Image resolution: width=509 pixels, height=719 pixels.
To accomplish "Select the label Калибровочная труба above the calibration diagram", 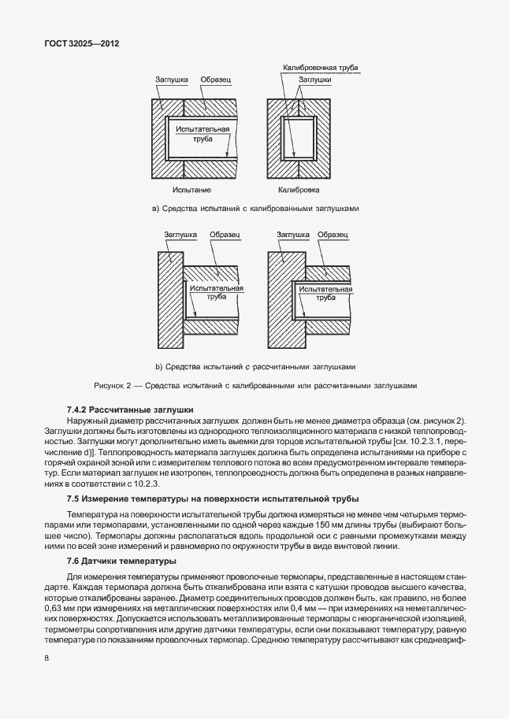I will click(321, 69).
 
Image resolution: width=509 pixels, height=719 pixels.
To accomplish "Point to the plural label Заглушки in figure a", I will click(314, 80).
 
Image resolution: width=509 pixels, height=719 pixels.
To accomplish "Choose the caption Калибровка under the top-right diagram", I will click(297, 190).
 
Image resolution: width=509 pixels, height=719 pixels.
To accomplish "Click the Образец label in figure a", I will click(216, 80).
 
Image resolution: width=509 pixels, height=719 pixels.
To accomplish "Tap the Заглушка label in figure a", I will click(170, 80).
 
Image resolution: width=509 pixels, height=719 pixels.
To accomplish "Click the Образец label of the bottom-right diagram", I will click(333, 235).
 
